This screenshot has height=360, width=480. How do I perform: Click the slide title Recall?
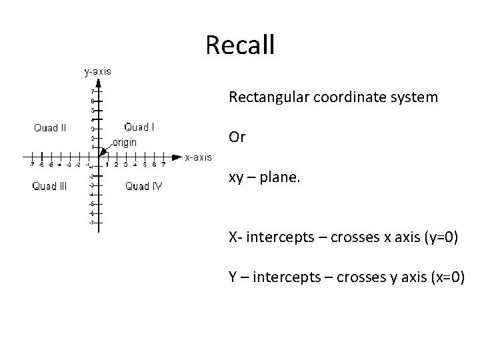point(240,45)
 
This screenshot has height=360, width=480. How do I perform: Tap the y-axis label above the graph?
point(97,70)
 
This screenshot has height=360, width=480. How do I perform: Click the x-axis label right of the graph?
point(199,157)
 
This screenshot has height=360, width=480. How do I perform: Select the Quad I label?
point(140,127)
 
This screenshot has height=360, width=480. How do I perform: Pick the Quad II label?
point(50,128)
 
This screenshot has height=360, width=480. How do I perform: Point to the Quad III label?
point(49,186)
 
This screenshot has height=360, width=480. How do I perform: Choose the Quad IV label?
point(143,186)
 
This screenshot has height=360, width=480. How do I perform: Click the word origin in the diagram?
point(125,142)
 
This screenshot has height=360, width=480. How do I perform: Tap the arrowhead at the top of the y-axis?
point(99,83)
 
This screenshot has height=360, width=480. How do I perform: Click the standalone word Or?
point(237,137)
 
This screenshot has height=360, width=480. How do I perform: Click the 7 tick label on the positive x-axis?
point(163,165)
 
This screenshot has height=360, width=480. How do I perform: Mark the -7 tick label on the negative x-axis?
point(32,165)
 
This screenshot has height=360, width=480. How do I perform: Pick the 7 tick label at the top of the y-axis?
point(92,91)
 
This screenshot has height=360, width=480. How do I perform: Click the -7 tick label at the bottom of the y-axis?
point(91,222)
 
